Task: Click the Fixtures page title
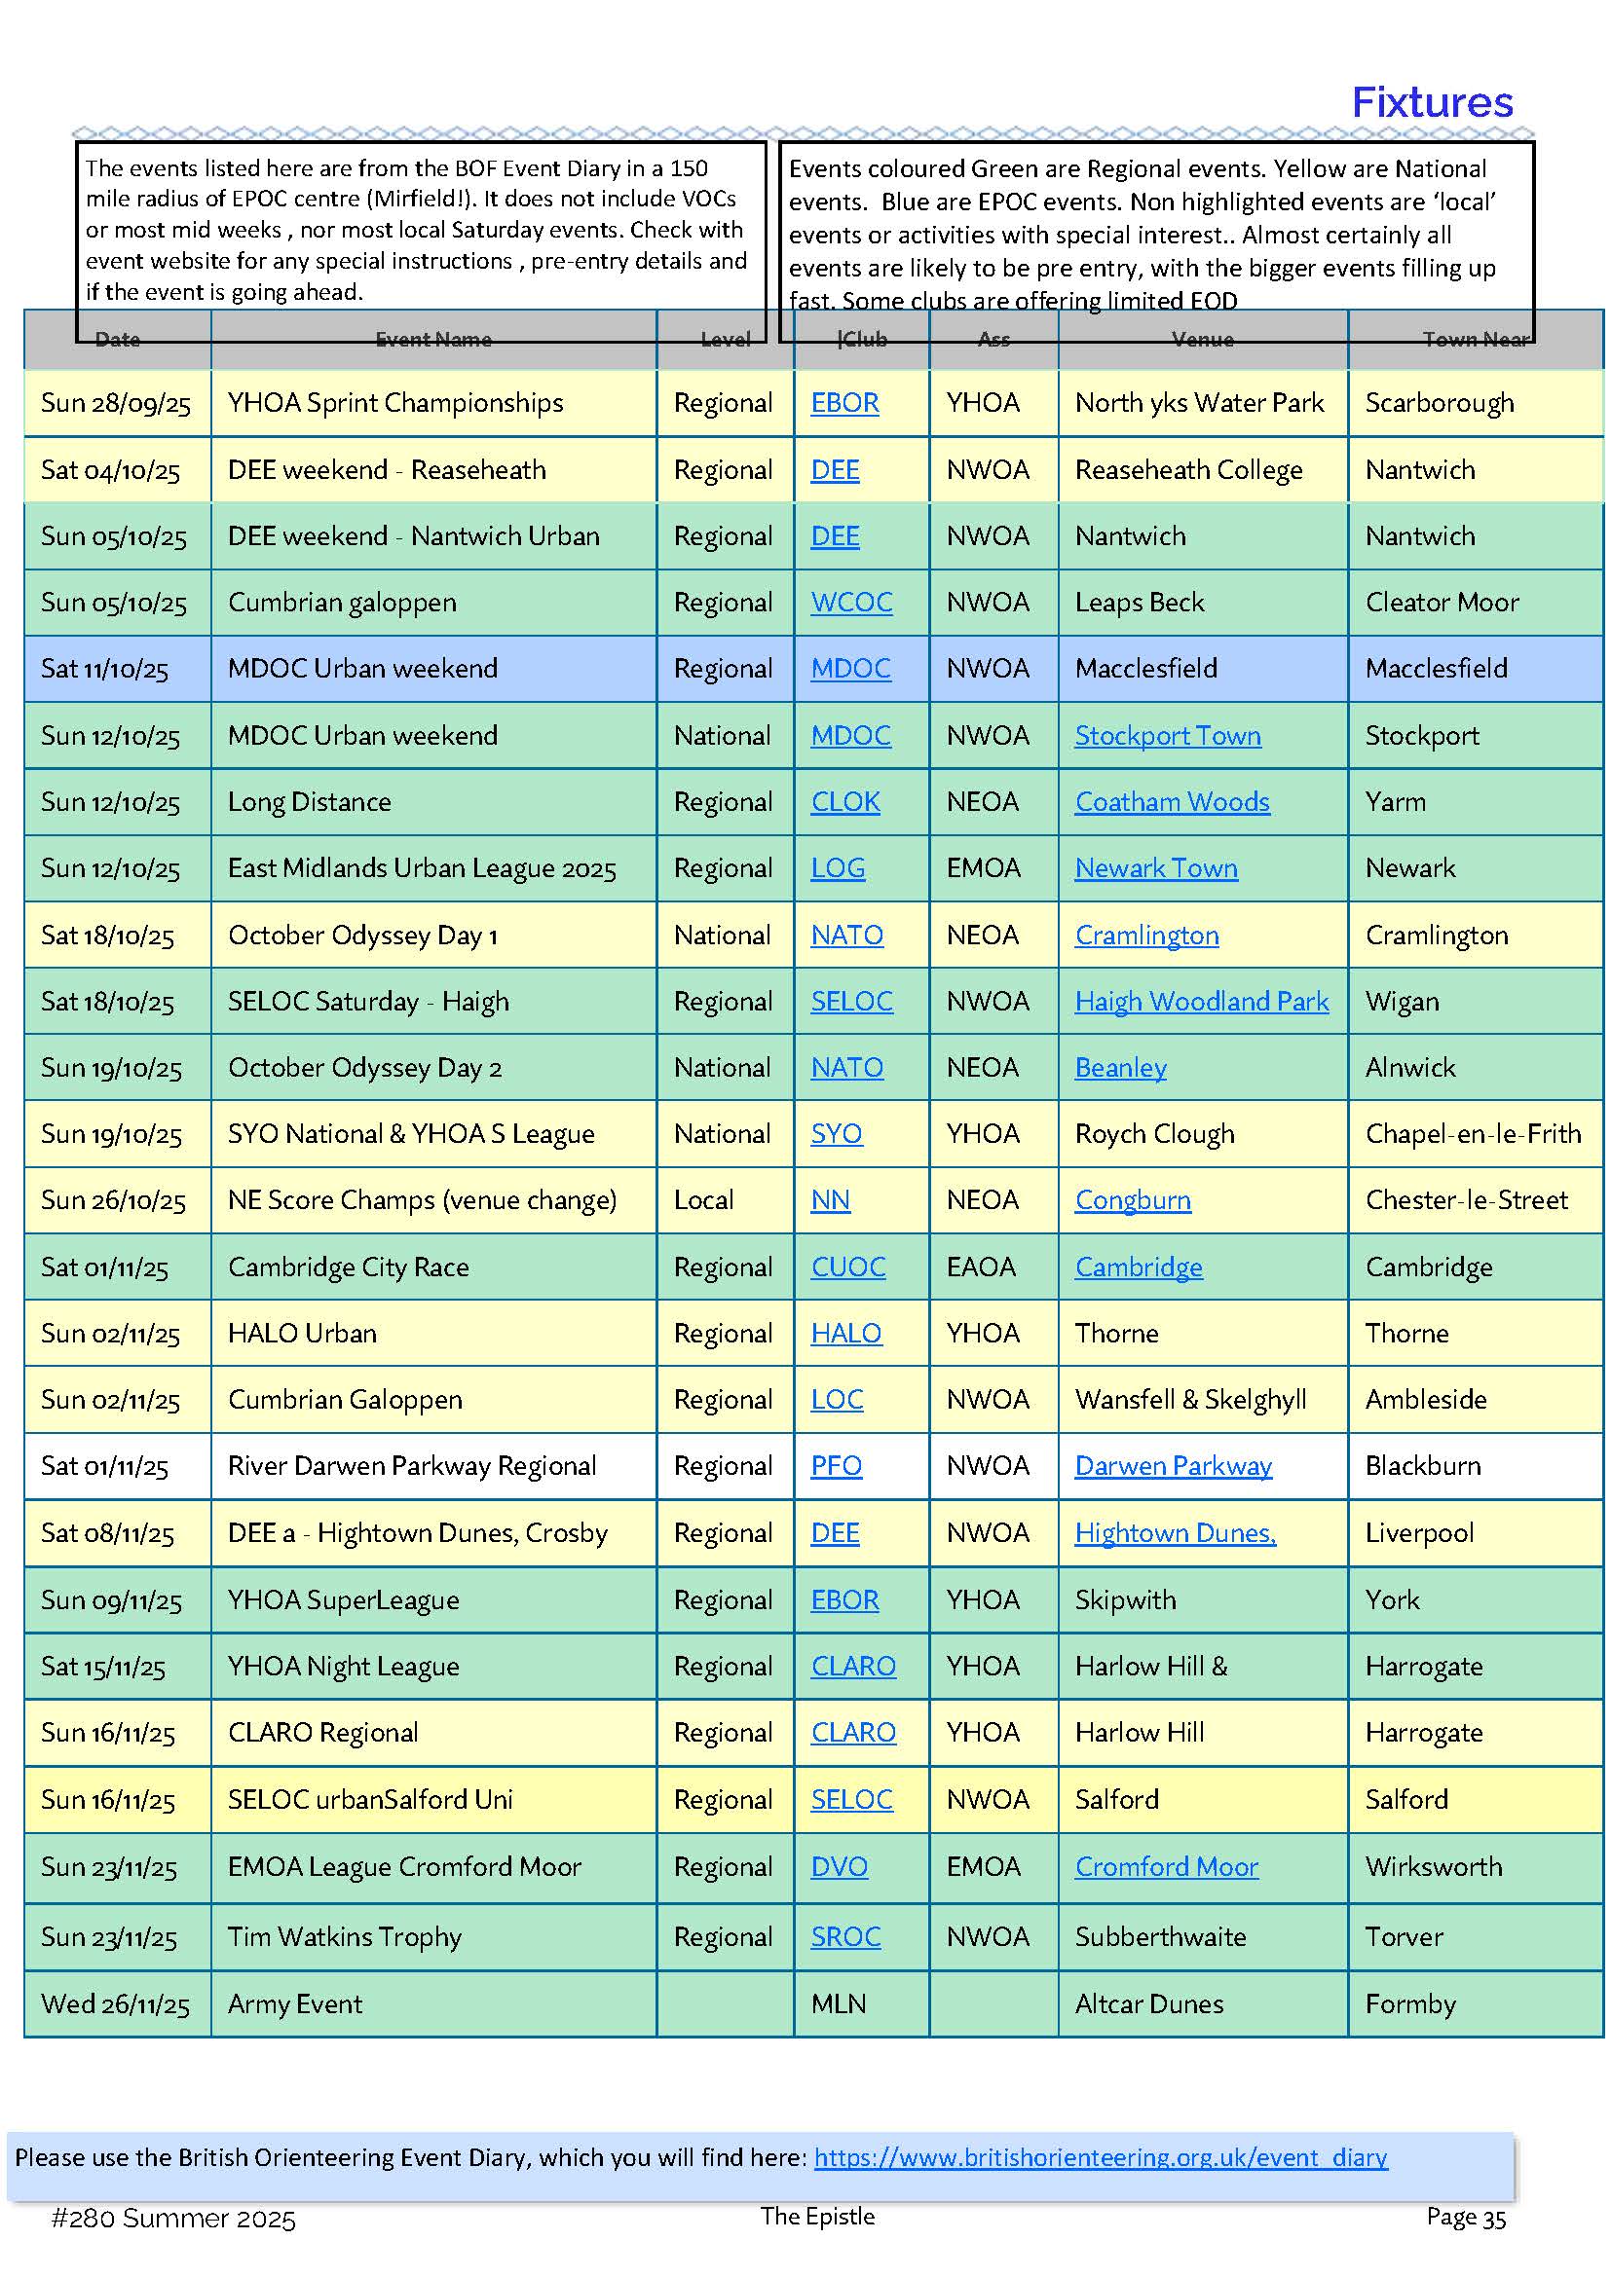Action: click(1432, 103)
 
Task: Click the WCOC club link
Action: click(851, 602)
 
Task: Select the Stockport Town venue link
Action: click(1168, 736)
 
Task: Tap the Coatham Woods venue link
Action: click(1172, 801)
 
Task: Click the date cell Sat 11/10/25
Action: click(104, 669)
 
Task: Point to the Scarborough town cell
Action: click(1439, 403)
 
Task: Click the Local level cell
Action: click(703, 1200)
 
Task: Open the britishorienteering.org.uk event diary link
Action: click(1100, 2157)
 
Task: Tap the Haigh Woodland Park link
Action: click(1201, 1002)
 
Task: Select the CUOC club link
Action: click(848, 1267)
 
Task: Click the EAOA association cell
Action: click(981, 1267)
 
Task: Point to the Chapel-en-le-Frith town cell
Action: click(1472, 1133)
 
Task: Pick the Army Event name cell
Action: click(294, 2003)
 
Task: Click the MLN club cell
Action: click(839, 2003)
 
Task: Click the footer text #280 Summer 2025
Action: click(173, 2219)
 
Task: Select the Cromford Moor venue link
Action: click(1167, 1866)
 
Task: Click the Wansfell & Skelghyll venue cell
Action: click(1190, 1399)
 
